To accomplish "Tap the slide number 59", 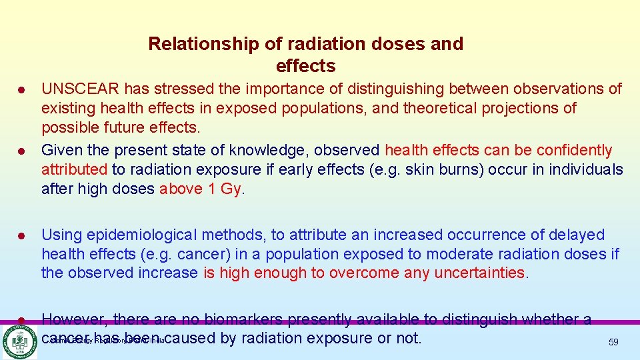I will pos(613,342).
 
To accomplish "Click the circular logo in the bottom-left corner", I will pos(19,341).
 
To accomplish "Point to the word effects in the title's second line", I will pos(305,66).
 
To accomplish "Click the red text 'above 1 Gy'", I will pos(200,189).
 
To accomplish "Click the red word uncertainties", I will pos(479,273).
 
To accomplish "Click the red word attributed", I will pos(74,169).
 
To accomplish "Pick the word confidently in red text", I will pos(573,150).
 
